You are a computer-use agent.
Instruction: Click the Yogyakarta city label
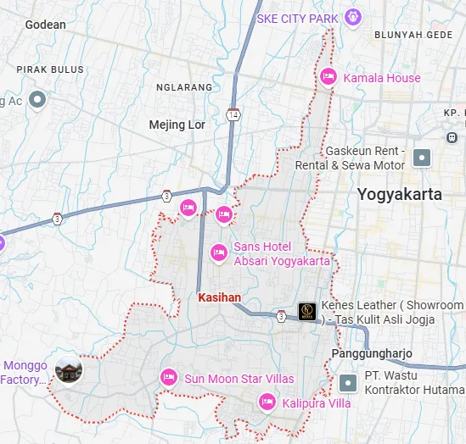(399, 194)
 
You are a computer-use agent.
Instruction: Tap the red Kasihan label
(220, 297)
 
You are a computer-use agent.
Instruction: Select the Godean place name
(45, 25)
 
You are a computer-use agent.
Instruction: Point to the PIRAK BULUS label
(50, 69)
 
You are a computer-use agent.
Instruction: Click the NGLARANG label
(183, 86)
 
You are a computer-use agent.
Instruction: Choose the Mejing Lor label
(177, 125)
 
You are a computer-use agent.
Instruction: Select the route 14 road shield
(233, 114)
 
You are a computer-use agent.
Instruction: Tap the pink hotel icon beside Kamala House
(328, 78)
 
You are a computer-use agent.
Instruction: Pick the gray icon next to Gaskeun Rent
(422, 157)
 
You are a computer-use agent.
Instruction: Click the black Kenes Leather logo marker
(307, 312)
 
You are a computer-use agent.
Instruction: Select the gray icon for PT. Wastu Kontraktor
(347, 382)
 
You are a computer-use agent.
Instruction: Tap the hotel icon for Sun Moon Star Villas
(168, 377)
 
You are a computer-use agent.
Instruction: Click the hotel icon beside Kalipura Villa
(267, 402)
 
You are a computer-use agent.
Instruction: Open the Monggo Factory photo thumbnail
(68, 370)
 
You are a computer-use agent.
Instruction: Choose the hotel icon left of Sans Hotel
(218, 252)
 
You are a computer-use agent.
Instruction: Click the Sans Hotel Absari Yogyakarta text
(281, 253)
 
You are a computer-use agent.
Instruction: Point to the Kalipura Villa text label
(316, 403)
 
